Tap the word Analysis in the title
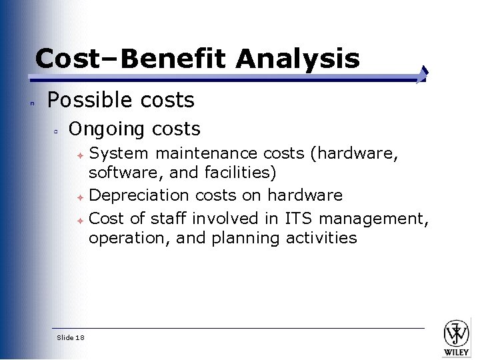tap(297, 60)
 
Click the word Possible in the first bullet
tap(84, 101)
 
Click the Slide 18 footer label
tap(71, 338)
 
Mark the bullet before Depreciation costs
tap(79, 197)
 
